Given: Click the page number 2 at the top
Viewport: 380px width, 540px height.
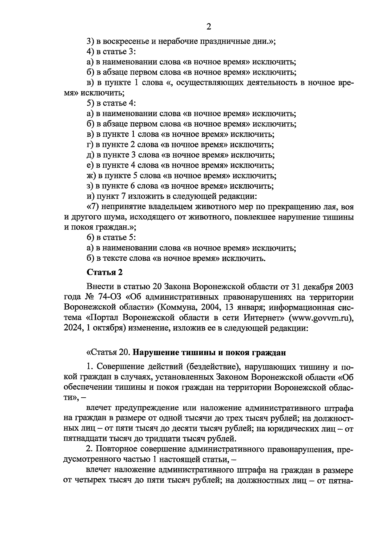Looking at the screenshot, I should [x=208, y=27].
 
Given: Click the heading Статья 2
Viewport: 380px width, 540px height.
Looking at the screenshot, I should [x=104, y=272].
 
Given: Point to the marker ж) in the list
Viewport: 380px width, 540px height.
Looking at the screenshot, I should [x=91, y=176].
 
